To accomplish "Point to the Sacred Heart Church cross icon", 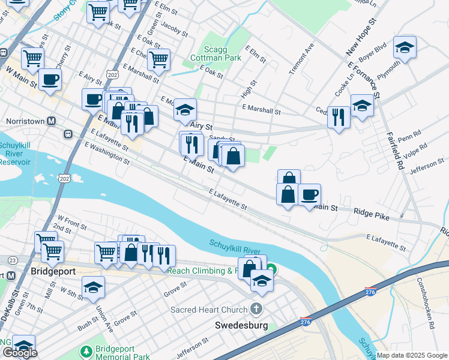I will coord(256,310).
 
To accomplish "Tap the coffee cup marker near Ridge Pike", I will coord(309,194).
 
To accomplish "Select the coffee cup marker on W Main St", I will coord(50,79).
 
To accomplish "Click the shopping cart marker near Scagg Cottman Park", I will coord(158,59).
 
